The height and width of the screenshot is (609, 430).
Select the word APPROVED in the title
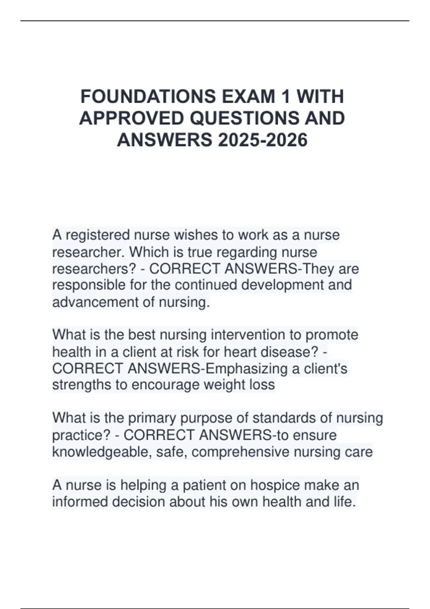[132, 118]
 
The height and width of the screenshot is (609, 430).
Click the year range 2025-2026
[262, 140]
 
